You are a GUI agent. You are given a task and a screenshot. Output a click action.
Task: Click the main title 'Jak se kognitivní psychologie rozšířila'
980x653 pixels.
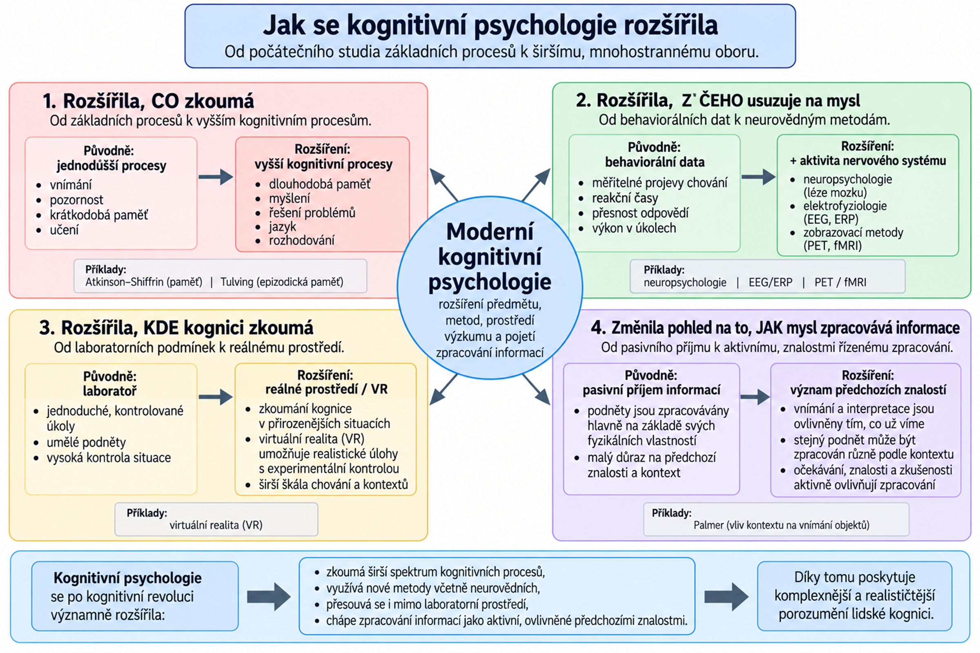pos(490,25)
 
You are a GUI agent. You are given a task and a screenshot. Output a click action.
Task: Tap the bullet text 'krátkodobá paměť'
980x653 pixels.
pos(99,215)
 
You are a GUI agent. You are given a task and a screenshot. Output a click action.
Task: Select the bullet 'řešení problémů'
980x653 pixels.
pos(312,213)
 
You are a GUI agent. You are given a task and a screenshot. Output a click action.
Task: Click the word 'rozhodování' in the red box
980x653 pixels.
pos(302,240)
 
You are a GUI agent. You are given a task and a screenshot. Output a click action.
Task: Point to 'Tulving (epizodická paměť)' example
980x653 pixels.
pos(282,282)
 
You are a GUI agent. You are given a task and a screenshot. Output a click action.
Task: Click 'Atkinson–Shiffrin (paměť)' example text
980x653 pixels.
pos(144,282)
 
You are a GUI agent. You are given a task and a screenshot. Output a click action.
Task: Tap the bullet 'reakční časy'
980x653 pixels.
pos(625,198)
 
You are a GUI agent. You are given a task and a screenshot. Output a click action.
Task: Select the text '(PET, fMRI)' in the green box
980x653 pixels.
pos(833,246)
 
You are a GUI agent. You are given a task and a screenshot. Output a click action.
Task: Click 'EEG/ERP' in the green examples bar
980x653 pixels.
pos(771,282)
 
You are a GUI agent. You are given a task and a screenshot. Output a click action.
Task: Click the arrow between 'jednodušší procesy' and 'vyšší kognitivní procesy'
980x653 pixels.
pos(216,177)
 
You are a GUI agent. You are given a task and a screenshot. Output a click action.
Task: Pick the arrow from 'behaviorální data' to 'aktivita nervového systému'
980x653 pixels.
pos(758,177)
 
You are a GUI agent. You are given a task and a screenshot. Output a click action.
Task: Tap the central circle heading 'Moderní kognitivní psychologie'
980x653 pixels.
pos(490,257)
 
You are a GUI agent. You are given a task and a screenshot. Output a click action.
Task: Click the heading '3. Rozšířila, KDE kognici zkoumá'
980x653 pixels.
pos(176,328)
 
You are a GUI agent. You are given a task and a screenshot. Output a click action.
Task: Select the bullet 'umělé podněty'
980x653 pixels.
pos(86,442)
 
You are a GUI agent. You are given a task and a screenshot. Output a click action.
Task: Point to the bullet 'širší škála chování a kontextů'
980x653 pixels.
pos(333,484)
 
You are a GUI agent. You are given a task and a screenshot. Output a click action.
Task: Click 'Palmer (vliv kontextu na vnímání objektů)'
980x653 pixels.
pos(782,525)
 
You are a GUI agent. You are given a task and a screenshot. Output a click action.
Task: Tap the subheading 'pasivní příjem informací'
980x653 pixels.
pos(651,390)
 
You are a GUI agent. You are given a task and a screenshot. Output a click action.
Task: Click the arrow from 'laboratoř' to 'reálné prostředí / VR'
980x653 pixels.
pos(216,397)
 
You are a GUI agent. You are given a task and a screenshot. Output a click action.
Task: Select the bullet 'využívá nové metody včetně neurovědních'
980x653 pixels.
pos(433,588)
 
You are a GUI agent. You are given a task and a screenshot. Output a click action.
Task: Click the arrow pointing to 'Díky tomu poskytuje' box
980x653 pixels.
pos(726,597)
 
